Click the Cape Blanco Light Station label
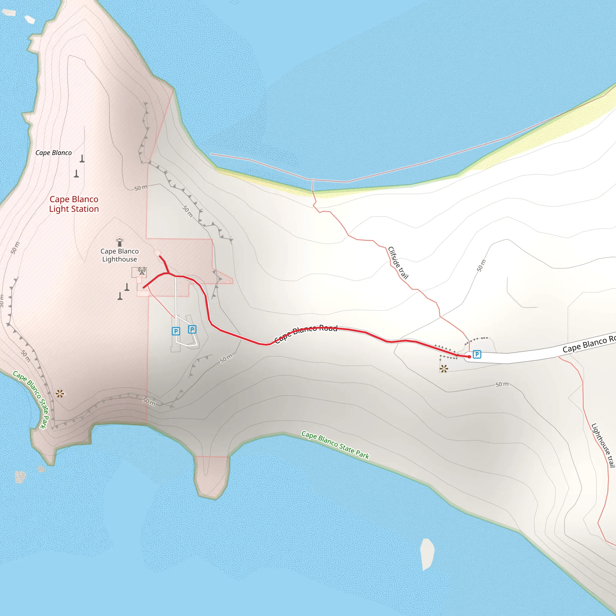coord(74,204)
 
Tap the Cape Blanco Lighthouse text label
coord(120,255)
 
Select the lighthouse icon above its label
coord(120,241)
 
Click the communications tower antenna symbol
coord(142,271)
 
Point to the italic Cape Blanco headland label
coord(54,153)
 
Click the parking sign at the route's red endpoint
coord(477,354)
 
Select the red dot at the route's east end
coord(469,357)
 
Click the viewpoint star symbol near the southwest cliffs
coord(60,394)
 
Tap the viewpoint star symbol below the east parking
coord(444,369)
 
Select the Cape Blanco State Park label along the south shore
coord(335,445)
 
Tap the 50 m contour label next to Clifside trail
coord(482,265)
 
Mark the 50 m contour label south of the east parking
coord(502,384)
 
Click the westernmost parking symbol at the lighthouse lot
coord(176,331)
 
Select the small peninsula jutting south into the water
coord(211,475)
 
